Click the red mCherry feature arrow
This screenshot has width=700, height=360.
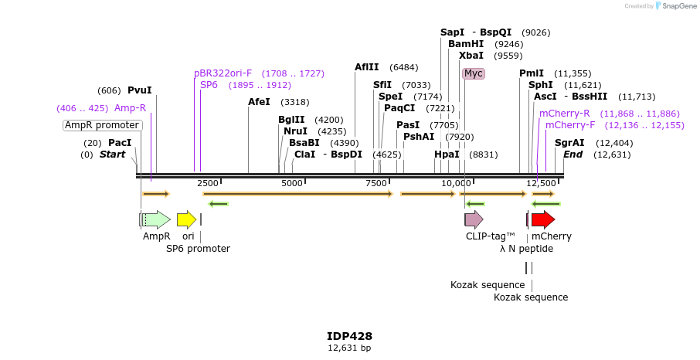543,219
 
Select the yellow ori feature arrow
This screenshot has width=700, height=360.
186,219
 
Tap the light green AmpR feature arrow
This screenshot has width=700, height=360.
157,219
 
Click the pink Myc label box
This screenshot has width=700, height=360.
473,73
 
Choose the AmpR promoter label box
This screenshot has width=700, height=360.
102,125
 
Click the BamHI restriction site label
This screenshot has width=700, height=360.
466,44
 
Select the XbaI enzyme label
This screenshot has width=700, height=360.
471,56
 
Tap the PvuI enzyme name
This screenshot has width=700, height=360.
140,90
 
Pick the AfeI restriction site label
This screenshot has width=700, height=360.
259,102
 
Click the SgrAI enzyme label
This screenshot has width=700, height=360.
569,143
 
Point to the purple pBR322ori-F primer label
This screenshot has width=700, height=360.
223,73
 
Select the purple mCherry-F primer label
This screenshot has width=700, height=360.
570,125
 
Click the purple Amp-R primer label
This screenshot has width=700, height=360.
130,108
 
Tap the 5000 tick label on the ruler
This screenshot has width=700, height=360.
292,183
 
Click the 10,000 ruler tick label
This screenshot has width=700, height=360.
457,183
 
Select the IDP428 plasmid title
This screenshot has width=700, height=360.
349,336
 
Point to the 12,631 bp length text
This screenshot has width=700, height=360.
349,348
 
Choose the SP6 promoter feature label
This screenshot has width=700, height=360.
198,249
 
